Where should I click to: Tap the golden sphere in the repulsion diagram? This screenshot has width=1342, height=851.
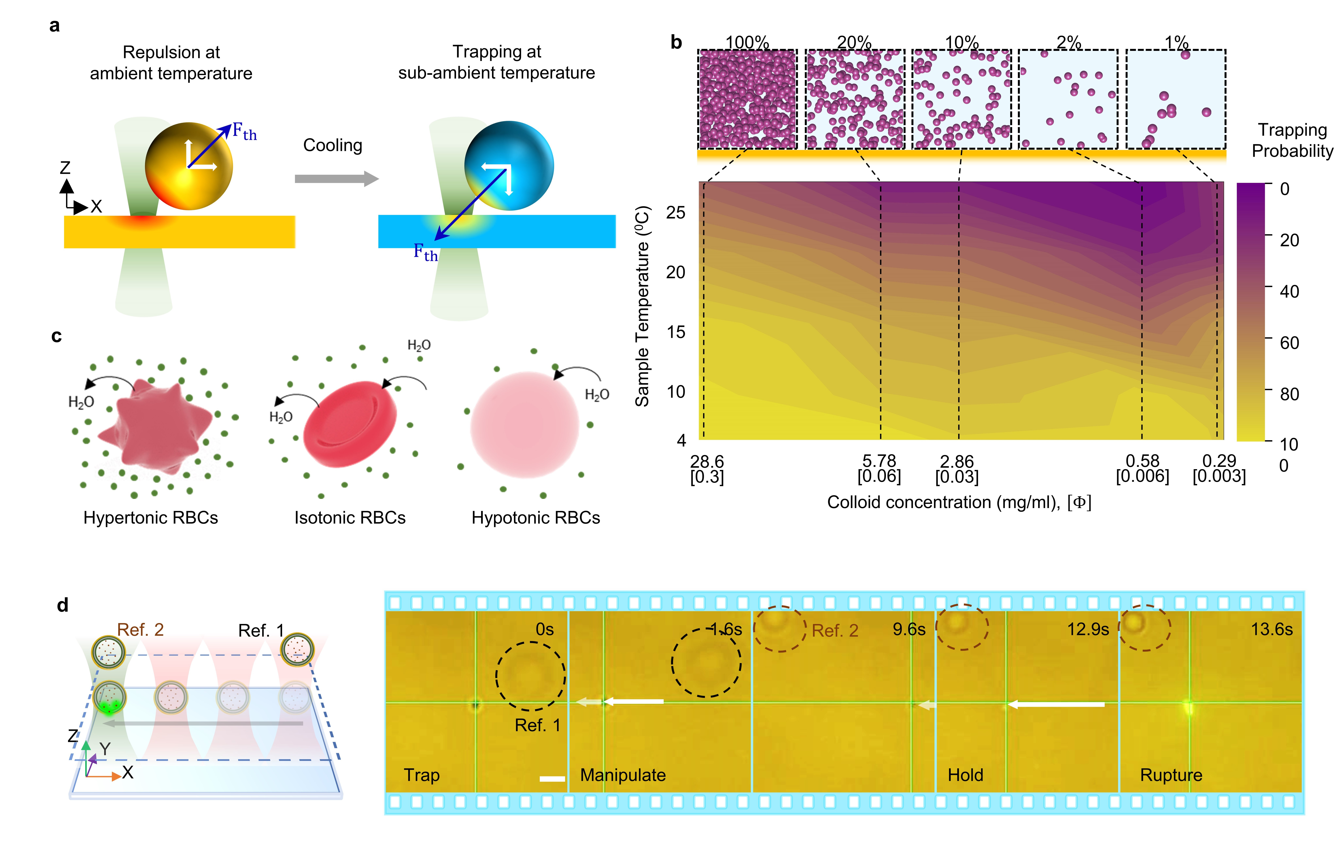pyautogui.click(x=188, y=166)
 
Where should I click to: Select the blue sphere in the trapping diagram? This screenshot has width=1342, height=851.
pyautogui.click(x=508, y=166)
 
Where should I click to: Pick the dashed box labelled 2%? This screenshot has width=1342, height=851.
pyautogui.click(x=1068, y=99)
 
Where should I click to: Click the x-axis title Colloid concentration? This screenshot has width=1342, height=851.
pyautogui.click(x=959, y=503)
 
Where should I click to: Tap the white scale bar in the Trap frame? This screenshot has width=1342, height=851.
pyautogui.click(x=552, y=779)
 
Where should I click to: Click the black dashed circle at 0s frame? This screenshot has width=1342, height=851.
pyautogui.click(x=531, y=676)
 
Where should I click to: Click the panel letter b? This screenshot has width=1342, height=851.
pyautogui.click(x=676, y=42)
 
